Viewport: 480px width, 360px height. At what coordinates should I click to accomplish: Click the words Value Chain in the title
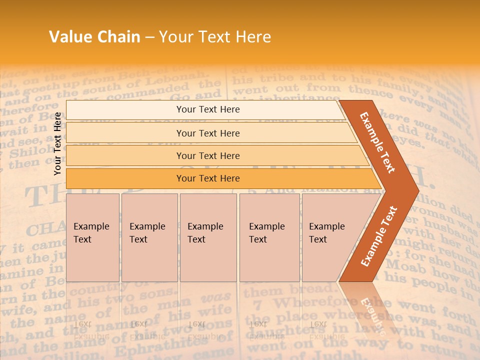pyautogui.click(x=94, y=37)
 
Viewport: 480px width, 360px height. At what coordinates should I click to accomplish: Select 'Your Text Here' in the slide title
pyautogui.click(x=215, y=37)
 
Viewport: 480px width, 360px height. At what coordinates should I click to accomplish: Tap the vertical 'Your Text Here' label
pyautogui.click(x=58, y=143)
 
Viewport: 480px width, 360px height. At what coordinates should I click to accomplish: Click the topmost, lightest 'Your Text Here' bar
pyautogui.click(x=207, y=109)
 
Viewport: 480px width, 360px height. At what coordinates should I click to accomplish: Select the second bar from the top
pyautogui.click(x=207, y=133)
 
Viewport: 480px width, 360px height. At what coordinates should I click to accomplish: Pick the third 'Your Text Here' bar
pyautogui.click(x=207, y=156)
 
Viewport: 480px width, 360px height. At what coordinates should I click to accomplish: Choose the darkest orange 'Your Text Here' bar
pyautogui.click(x=207, y=178)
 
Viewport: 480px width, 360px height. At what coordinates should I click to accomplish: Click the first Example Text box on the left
pyautogui.click(x=92, y=237)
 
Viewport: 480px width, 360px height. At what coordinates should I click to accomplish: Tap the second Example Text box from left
pyautogui.click(x=149, y=237)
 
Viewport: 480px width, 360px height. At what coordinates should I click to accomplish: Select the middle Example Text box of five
pyautogui.click(x=208, y=237)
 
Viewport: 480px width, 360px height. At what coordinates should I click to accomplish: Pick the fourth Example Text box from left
pyautogui.click(x=269, y=237)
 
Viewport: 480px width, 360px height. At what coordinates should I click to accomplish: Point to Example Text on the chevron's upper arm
pyautogui.click(x=377, y=142)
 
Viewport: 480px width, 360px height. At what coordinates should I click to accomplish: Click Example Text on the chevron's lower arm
pyautogui.click(x=378, y=236)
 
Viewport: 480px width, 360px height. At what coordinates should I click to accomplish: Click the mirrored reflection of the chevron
pyautogui.click(x=370, y=310)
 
